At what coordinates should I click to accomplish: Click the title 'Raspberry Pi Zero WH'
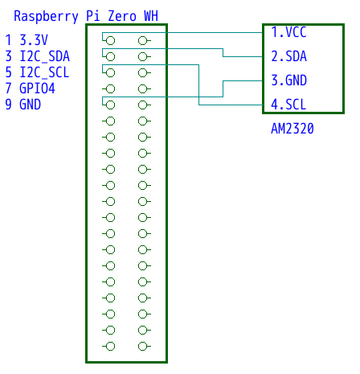click(x=86, y=16)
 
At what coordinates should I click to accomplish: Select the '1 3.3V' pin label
click(x=27, y=40)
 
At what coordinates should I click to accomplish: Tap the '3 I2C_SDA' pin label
click(x=38, y=56)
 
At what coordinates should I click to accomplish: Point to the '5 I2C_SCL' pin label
click(x=37, y=72)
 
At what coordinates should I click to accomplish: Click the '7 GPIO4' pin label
click(x=31, y=88)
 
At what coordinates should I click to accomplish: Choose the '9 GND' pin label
click(x=23, y=105)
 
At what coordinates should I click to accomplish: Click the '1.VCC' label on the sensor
click(x=288, y=32)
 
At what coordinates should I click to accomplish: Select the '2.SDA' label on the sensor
click(x=288, y=56)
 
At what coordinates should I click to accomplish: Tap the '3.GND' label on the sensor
click(x=288, y=80)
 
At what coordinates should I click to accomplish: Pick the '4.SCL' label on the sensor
click(x=288, y=105)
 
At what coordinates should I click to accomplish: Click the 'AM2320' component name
click(x=292, y=129)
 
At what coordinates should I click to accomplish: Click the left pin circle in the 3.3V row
click(x=110, y=41)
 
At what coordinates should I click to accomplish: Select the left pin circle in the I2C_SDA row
click(x=110, y=57)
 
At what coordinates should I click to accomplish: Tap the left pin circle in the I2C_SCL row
click(x=110, y=73)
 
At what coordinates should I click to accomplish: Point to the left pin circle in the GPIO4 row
click(x=110, y=89)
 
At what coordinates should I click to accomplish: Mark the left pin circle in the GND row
click(x=110, y=105)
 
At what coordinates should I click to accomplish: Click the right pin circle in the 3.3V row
click(x=142, y=41)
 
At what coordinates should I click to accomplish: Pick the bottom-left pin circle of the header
click(x=110, y=347)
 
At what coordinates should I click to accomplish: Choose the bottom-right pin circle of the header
click(x=142, y=347)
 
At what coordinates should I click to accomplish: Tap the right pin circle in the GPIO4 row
click(x=142, y=89)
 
